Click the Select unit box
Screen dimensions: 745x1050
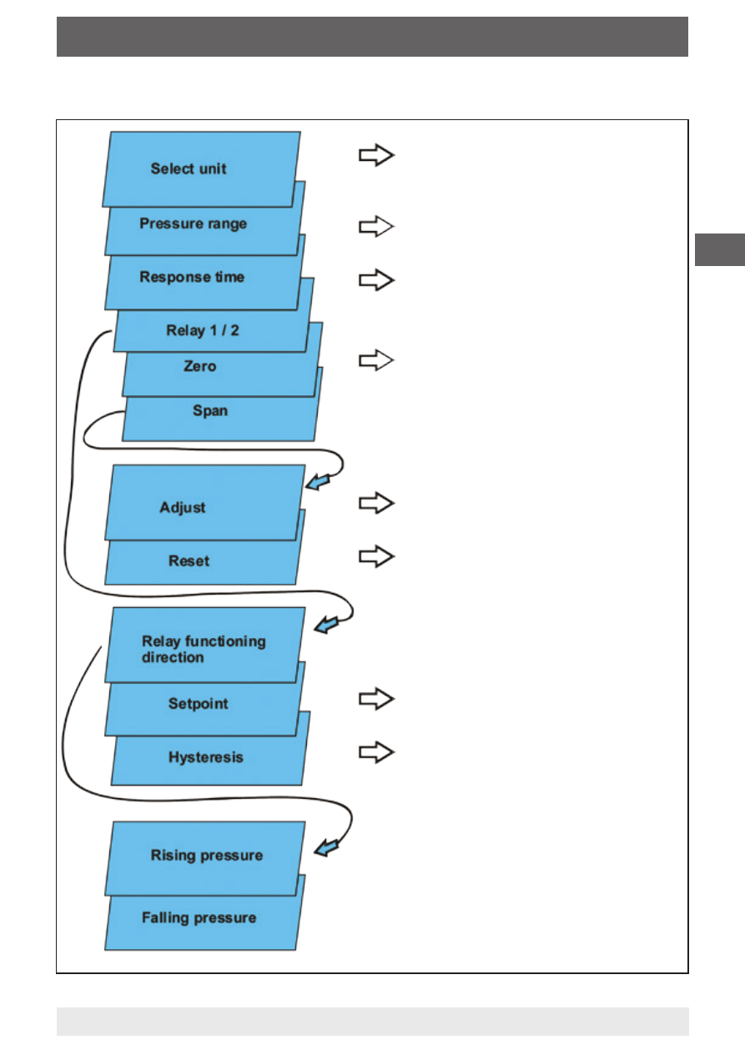tap(202, 168)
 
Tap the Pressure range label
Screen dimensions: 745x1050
tap(194, 224)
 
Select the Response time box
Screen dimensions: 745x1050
tap(205, 277)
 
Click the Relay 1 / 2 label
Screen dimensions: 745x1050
tap(203, 330)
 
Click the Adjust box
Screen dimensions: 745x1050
tap(205, 503)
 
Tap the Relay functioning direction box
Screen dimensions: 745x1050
tap(205, 645)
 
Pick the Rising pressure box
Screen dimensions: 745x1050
tap(205, 858)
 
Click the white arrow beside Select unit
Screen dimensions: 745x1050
tap(376, 155)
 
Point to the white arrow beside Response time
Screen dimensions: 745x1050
tap(376, 280)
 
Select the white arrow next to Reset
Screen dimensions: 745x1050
tap(376, 556)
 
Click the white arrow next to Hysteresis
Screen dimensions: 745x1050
tap(376, 752)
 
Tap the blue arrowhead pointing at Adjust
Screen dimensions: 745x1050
tap(318, 481)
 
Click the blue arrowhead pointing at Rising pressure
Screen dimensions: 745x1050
tap(326, 847)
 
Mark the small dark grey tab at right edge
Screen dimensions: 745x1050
tap(720, 249)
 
